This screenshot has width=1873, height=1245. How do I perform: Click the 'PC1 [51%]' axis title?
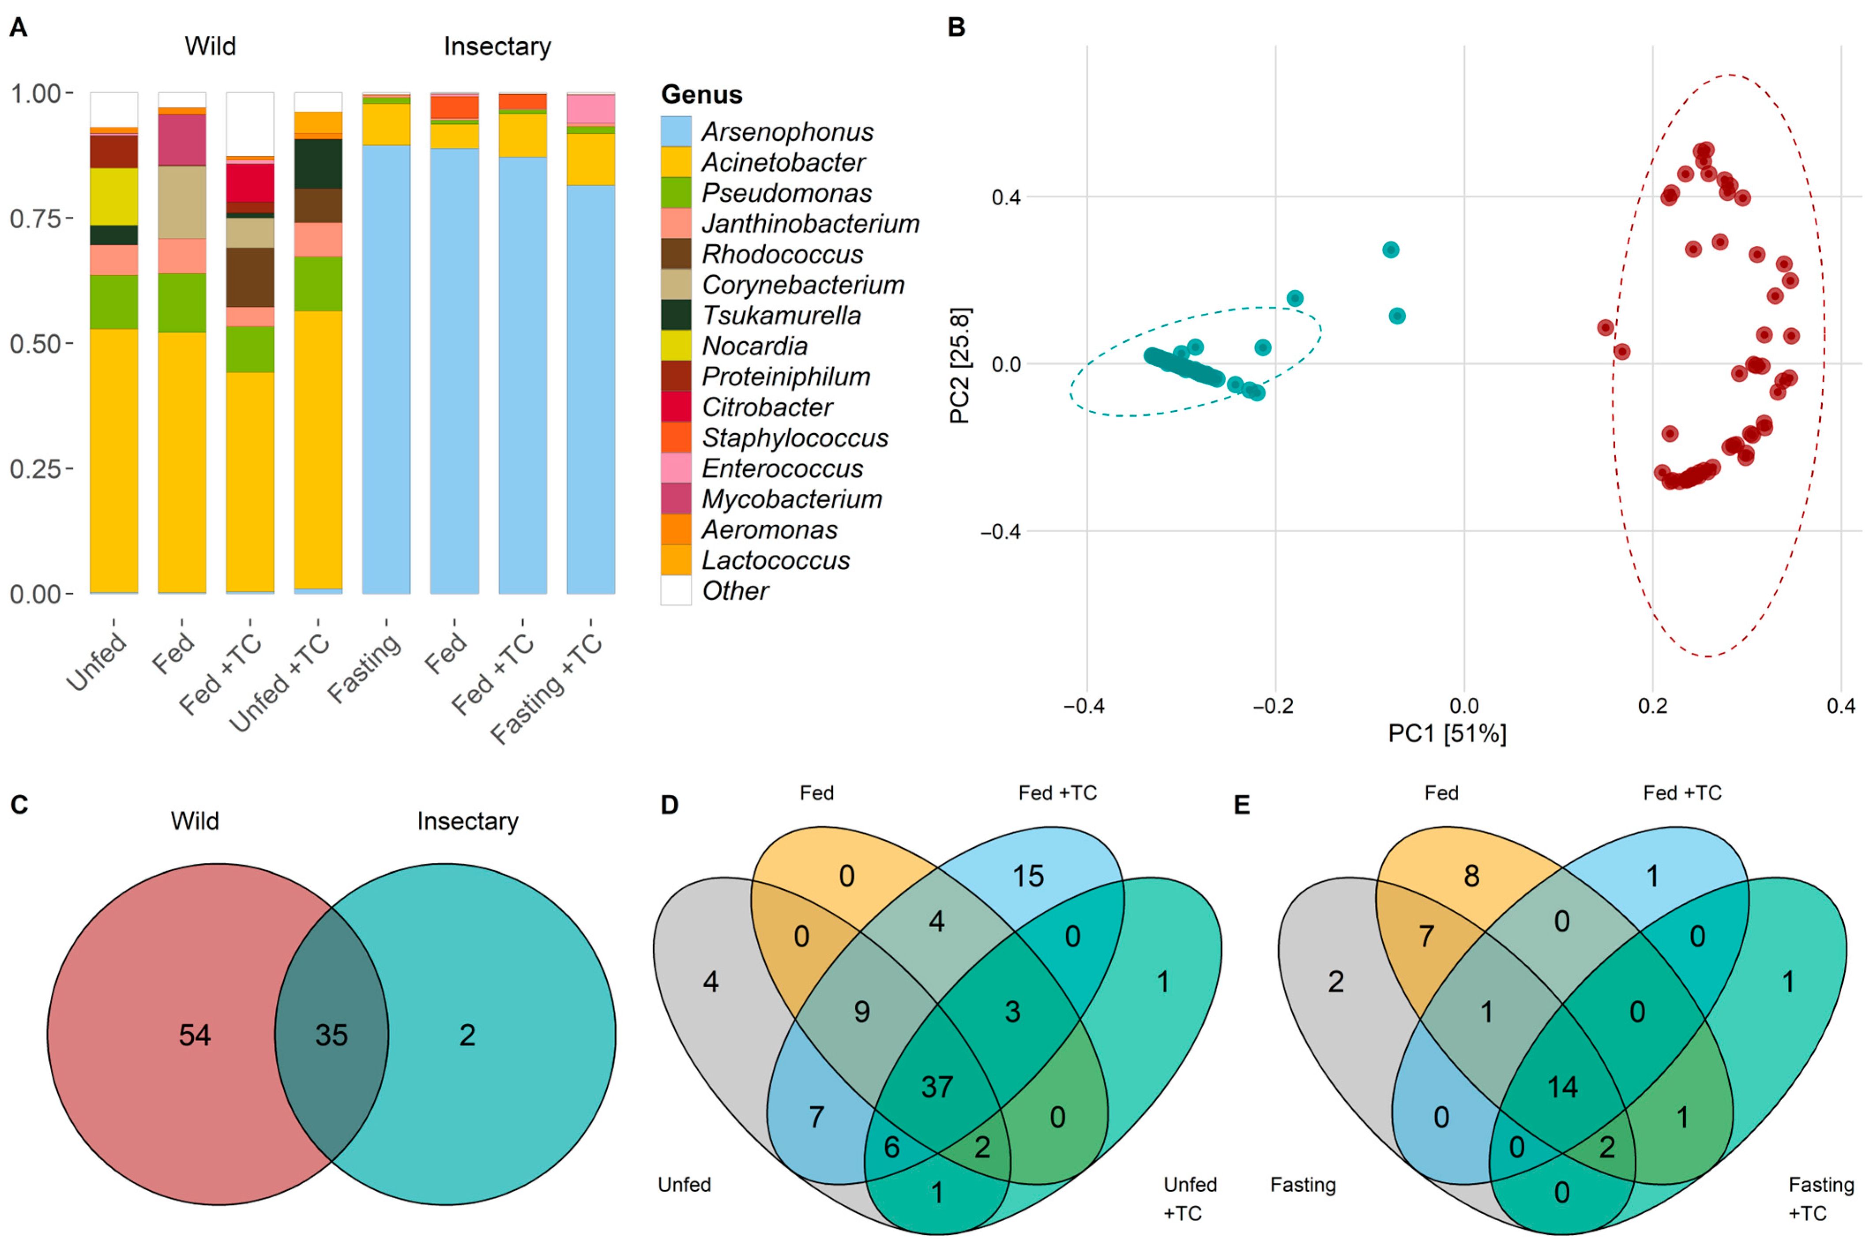(1447, 733)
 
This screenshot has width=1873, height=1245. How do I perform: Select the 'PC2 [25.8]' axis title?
(960, 366)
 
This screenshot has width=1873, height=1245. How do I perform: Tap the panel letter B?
(957, 28)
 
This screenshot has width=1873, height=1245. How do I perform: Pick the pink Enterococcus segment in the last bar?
(591, 109)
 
